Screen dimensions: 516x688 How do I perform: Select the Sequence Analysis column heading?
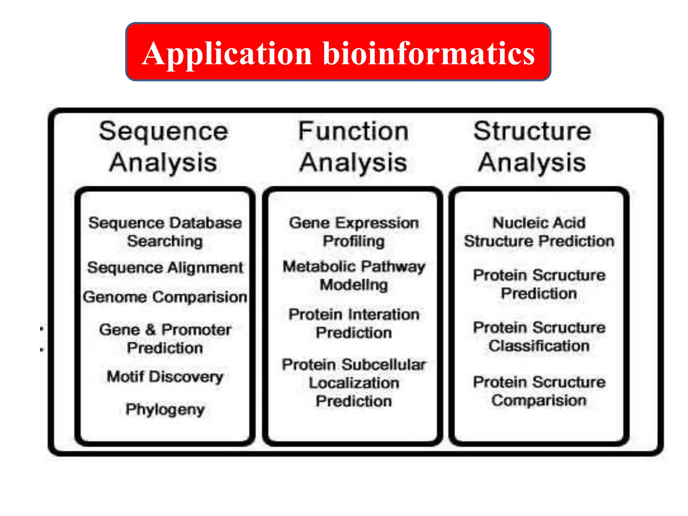pos(164,146)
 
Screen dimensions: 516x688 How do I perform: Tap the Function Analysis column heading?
pos(353,146)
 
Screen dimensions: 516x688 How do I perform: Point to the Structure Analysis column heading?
pos(532,146)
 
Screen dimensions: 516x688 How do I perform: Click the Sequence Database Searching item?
pos(165,232)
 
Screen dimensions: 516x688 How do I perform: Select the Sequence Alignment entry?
pos(165,268)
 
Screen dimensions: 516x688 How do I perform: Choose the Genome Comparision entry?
pos(165,297)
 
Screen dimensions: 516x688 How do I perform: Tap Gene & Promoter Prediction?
pos(165,339)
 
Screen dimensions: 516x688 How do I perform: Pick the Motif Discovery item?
pos(165,377)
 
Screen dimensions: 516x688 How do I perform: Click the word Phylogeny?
pos(165,409)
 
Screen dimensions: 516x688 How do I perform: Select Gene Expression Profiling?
pos(354,232)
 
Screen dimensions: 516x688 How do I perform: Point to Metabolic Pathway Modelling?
pos(354,275)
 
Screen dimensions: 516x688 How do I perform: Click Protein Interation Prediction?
pos(354,324)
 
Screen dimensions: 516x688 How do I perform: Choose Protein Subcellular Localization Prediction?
pos(354,383)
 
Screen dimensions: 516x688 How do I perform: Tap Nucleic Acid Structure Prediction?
pos(539,232)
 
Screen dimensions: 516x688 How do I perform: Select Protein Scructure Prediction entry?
pos(539,284)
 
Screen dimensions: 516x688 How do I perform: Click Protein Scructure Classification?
pos(539,337)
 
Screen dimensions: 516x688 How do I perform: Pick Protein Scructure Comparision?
pos(539,391)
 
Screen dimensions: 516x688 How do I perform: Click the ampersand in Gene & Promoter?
pos(150,330)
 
